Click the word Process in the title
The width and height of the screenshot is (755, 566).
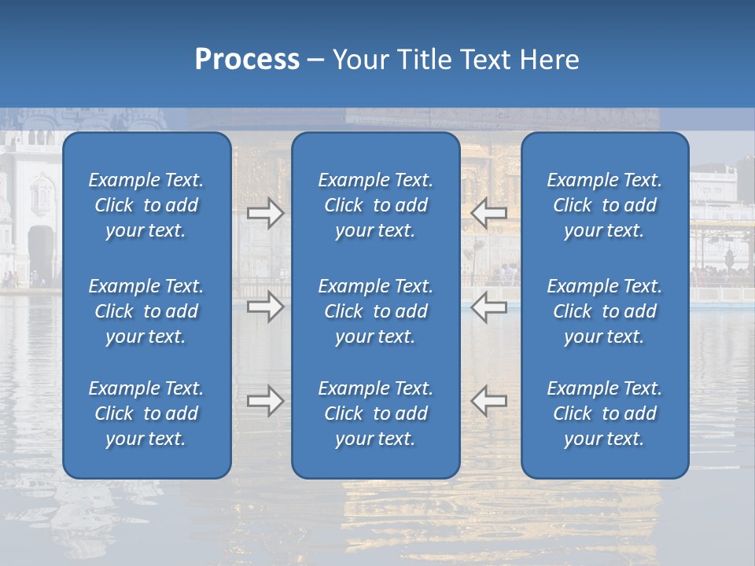point(247,60)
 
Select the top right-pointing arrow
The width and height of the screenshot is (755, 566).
point(266,213)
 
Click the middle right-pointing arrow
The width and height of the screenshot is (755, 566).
point(266,307)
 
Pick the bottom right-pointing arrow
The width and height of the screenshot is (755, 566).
point(266,401)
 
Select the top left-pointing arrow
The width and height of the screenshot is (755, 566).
point(488,213)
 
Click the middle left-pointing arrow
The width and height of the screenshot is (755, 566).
point(488,307)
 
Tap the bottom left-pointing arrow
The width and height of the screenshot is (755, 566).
point(488,401)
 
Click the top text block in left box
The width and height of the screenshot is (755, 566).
point(146,205)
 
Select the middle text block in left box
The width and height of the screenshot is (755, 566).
point(146,311)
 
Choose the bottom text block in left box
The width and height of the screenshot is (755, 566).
point(146,413)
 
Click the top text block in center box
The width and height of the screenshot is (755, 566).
point(375,205)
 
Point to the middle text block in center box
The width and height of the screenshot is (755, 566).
point(375,311)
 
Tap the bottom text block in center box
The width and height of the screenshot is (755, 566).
point(375,413)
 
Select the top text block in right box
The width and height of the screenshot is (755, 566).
point(604,205)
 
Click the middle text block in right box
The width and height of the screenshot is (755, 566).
point(604,311)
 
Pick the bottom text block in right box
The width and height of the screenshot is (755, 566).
point(604,413)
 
